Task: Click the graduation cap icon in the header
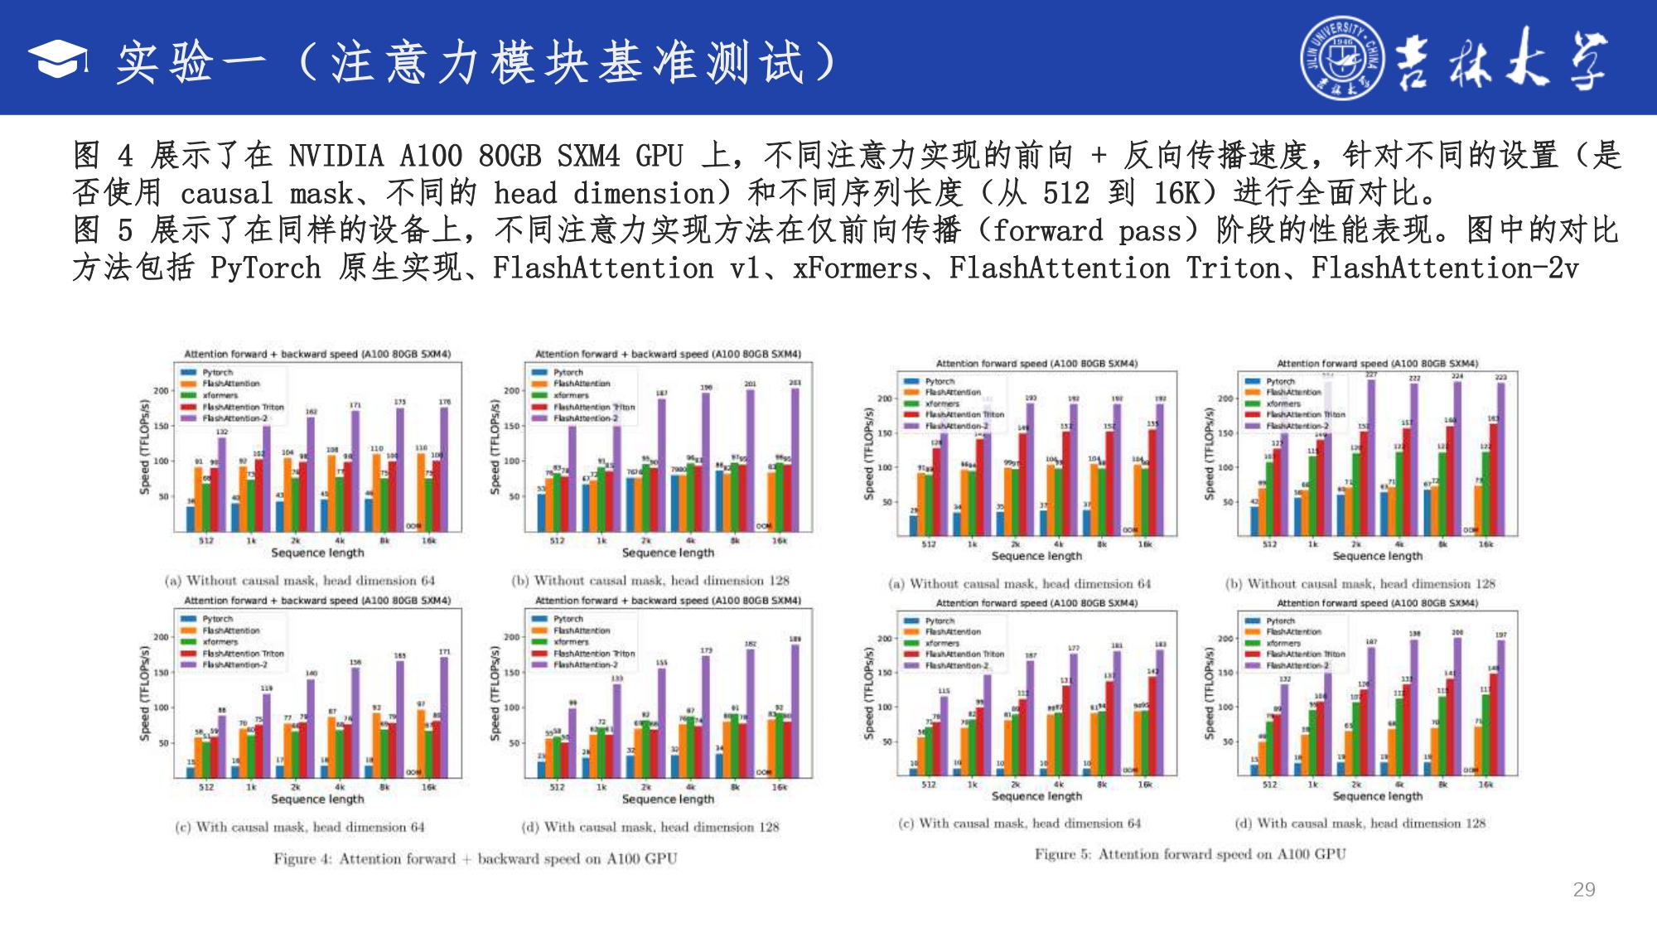[x=58, y=59]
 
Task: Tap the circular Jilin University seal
[x=1341, y=58]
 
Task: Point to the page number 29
[x=1583, y=890]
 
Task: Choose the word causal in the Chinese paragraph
[x=226, y=194]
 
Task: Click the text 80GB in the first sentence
[x=510, y=156]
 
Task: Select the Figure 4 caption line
[x=476, y=859]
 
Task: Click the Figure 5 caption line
[x=1190, y=854]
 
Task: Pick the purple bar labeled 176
[x=444, y=469]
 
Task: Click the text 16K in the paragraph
[x=1176, y=194]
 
